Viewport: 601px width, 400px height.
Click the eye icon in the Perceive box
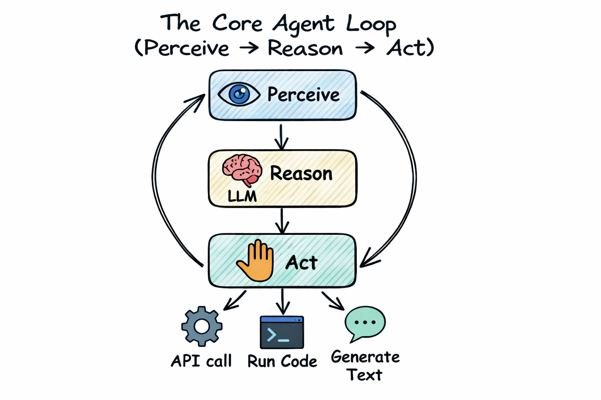click(x=239, y=94)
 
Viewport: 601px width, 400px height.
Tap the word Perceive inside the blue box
click(x=303, y=95)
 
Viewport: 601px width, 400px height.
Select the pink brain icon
click(x=242, y=170)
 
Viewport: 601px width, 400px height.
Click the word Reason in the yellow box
click(x=301, y=173)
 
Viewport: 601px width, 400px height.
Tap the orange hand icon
click(x=256, y=261)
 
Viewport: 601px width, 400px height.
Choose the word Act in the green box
click(x=301, y=262)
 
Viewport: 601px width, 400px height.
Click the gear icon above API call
click(x=202, y=326)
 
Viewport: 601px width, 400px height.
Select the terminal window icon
click(x=282, y=332)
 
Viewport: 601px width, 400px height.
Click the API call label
click(x=201, y=361)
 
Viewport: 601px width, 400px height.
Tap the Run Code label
click(x=282, y=362)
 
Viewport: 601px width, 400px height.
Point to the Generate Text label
click(x=365, y=366)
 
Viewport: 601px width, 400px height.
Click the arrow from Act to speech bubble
click(x=333, y=301)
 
